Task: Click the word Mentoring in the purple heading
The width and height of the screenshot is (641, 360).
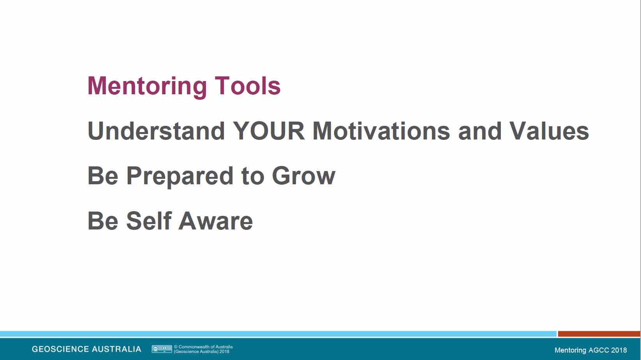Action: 147,86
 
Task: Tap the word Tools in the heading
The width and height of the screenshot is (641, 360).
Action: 248,86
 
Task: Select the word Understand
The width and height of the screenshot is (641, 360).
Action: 156,131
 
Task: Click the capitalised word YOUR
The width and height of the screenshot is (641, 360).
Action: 269,131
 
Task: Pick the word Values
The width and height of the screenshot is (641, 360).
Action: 549,131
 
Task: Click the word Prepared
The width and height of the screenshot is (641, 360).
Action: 180,176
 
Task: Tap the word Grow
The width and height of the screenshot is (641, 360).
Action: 304,176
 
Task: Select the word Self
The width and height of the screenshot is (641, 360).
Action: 149,221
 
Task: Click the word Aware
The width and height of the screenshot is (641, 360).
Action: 216,221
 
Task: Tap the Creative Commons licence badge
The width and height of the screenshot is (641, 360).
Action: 162,349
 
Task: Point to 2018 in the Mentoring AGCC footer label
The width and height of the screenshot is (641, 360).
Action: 619,350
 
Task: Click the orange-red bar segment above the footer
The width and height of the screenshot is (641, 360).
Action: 599,334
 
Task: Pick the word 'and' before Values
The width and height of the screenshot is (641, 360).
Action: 480,131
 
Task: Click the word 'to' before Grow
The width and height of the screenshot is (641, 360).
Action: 253,176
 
